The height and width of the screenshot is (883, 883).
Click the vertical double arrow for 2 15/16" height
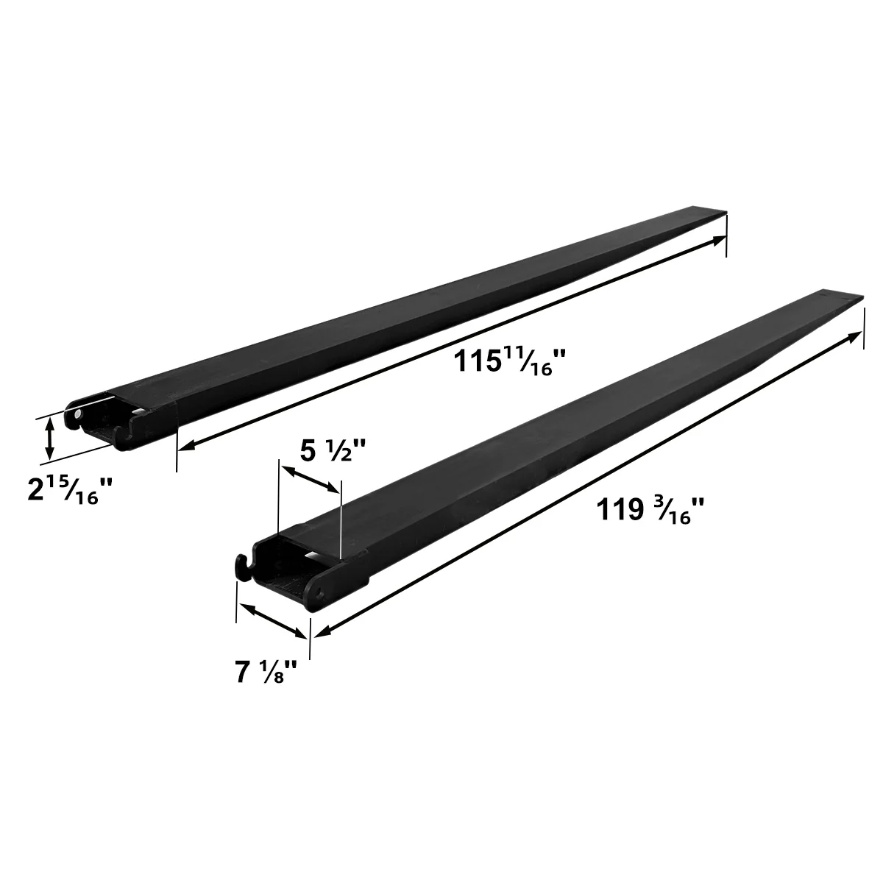coord(49,438)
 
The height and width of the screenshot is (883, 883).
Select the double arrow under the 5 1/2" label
coord(310,479)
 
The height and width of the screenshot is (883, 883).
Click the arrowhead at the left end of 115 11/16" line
coord(185,446)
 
